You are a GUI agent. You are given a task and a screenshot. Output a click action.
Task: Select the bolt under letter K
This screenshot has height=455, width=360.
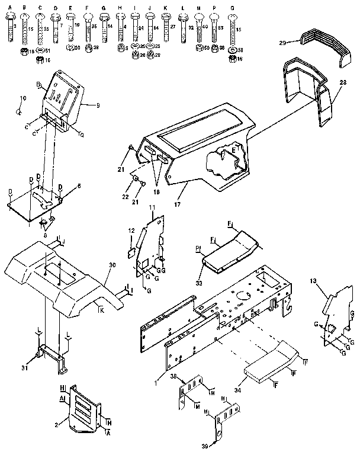(166, 28)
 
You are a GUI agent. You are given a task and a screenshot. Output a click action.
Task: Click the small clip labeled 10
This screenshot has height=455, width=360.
(20, 111)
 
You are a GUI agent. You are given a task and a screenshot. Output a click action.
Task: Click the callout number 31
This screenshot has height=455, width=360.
(25, 368)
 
